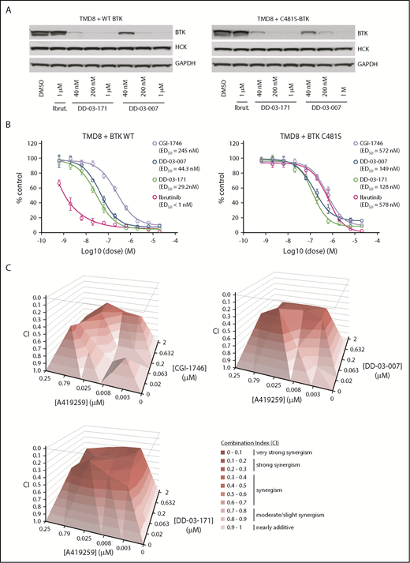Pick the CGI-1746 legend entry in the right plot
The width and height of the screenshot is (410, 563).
tap(369, 143)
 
